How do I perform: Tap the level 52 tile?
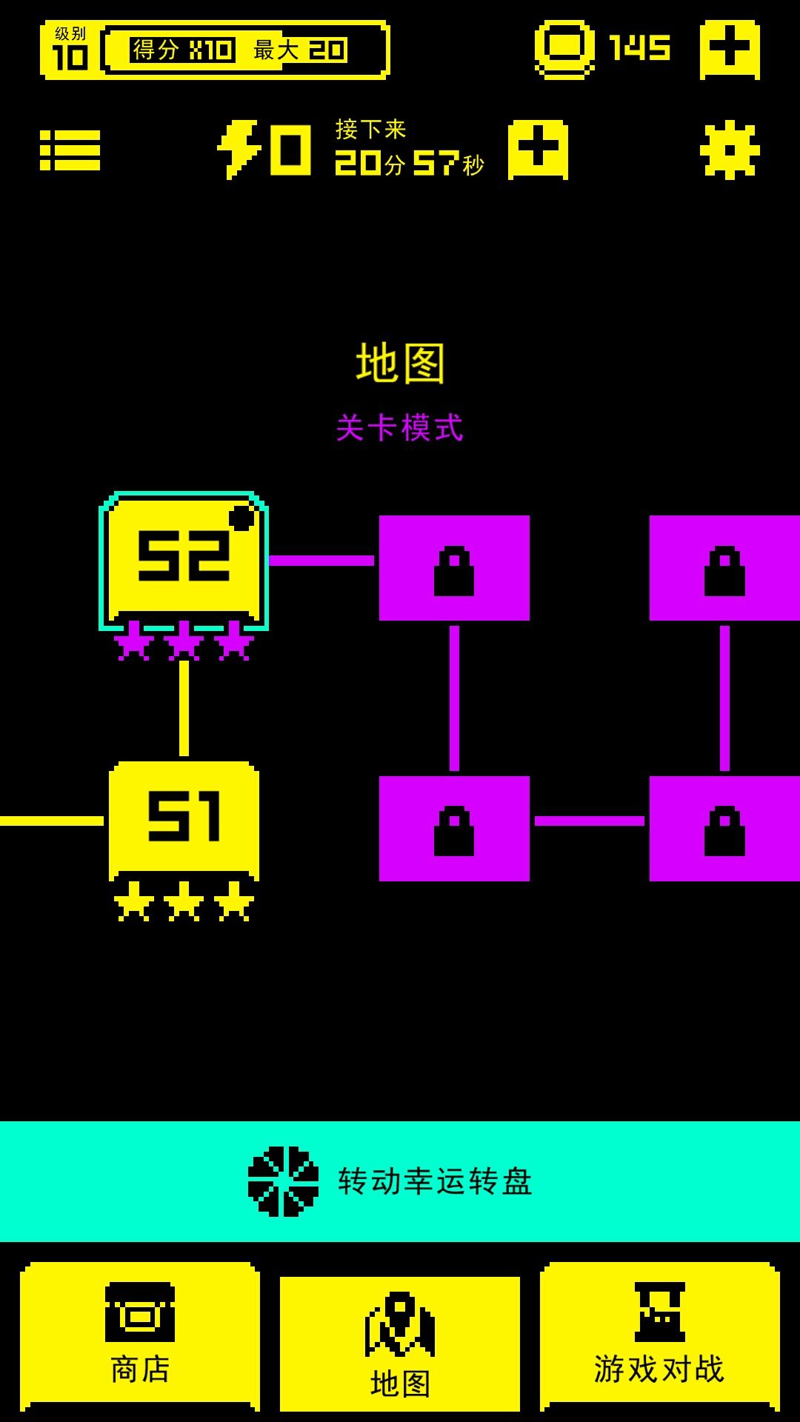tap(184, 559)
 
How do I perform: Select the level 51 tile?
tap(184, 818)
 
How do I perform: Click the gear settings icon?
tap(730, 150)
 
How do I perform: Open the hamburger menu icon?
tap(70, 150)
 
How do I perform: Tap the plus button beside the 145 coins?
tap(730, 49)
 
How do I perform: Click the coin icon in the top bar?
tap(564, 49)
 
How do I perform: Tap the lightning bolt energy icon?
tap(239, 150)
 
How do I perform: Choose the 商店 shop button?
tap(140, 1337)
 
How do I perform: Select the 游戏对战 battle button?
tap(659, 1337)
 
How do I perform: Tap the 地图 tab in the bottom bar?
tap(400, 1344)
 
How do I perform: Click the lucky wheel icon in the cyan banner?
tap(283, 1181)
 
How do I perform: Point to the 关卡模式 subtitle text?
tap(400, 428)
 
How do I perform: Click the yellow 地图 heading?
tap(400, 363)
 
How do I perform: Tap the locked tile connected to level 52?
tap(454, 568)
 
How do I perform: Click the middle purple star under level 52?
tap(184, 641)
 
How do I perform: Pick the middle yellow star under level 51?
tap(184, 901)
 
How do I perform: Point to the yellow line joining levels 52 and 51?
tap(184, 708)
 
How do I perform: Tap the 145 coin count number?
tap(639, 49)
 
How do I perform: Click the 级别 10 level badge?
tap(70, 50)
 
